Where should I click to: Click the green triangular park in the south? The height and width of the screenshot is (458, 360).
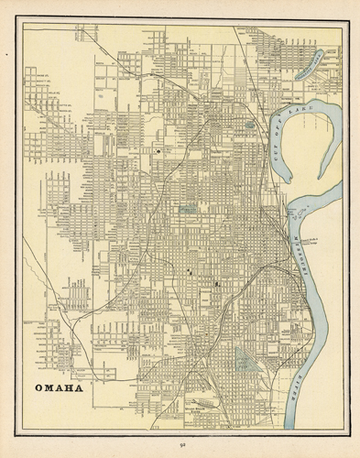[x=245, y=357]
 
